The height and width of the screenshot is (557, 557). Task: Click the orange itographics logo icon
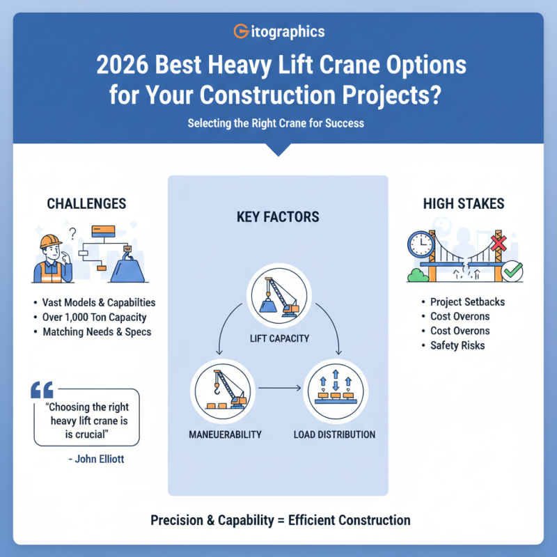[x=240, y=32]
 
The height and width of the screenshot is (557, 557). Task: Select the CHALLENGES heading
[x=86, y=204]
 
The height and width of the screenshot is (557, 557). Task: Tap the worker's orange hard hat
[x=51, y=241]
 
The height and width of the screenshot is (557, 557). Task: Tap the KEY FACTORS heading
[x=278, y=217]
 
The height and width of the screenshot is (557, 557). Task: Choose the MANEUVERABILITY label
[x=226, y=435]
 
